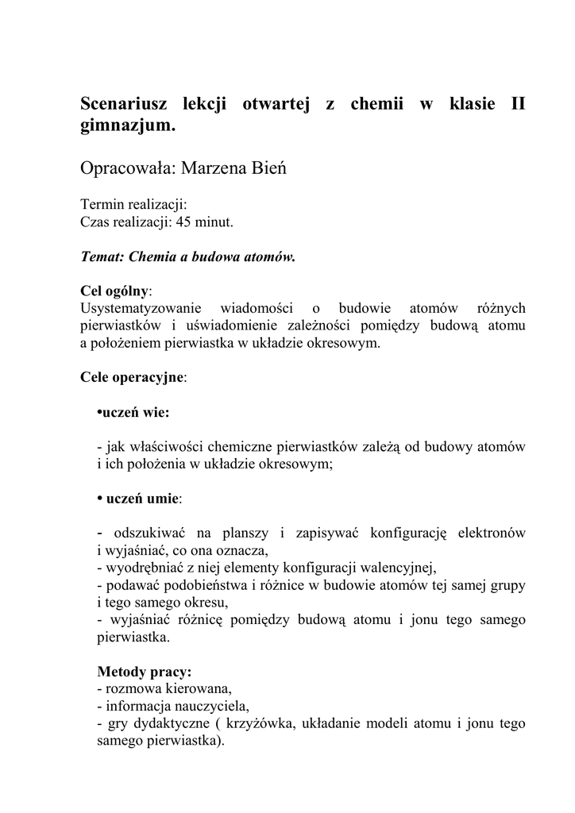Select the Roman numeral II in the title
515,105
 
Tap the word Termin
102,205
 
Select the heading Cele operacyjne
132,377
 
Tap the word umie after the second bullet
163,499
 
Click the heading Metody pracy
144,671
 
